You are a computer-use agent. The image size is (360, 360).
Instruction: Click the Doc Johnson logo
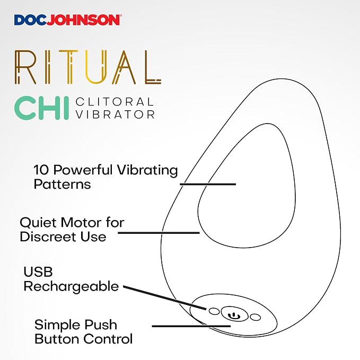(x=68, y=20)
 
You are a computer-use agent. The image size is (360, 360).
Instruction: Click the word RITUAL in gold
(x=88, y=67)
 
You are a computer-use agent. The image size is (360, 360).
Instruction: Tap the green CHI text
(x=41, y=108)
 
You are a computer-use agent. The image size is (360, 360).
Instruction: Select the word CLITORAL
(x=115, y=102)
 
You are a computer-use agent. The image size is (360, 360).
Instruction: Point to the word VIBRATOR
(x=115, y=115)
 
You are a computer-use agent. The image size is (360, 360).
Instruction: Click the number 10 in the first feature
(x=41, y=170)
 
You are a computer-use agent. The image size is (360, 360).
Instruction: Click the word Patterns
(x=62, y=184)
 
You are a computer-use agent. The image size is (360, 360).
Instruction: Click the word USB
(x=38, y=271)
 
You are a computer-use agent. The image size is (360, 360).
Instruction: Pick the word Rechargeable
(x=71, y=286)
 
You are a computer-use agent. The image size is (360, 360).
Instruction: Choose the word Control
(x=108, y=339)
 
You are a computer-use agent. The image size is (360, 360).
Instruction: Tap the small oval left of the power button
(x=214, y=311)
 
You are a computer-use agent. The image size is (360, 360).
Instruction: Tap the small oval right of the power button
(x=256, y=317)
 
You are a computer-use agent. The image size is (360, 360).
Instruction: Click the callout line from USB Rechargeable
(x=164, y=298)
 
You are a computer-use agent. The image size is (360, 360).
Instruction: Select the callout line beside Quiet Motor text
(x=159, y=233)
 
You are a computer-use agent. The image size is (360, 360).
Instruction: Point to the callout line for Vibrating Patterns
(x=208, y=184)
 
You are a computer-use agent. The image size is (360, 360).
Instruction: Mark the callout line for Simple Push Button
(x=191, y=326)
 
